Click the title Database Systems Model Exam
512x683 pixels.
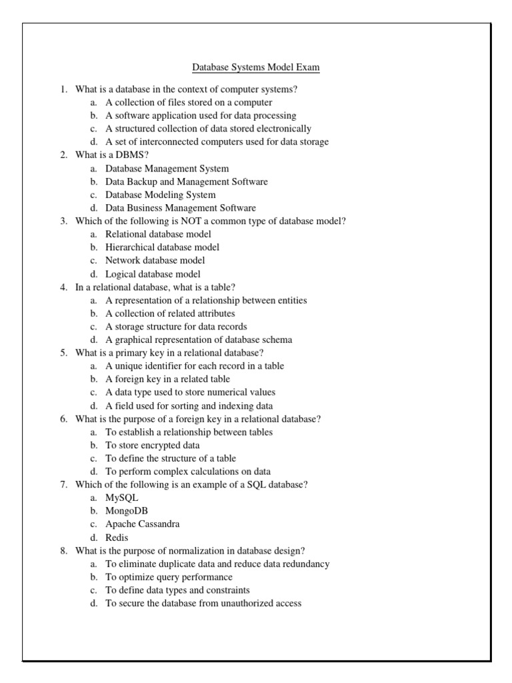pyautogui.click(x=256, y=67)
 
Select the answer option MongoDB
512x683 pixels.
pyautogui.click(x=127, y=511)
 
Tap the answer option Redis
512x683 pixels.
pyautogui.click(x=117, y=537)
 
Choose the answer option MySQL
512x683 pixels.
pyautogui.click(x=122, y=498)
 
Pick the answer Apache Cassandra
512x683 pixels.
pyautogui.click(x=142, y=524)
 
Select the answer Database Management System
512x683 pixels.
pyautogui.click(x=167, y=168)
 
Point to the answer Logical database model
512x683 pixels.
pyautogui.click(x=153, y=273)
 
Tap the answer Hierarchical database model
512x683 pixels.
pyautogui.click(x=162, y=247)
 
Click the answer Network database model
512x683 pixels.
pyautogui.click(x=155, y=260)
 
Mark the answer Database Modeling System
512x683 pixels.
pyautogui.click(x=160, y=195)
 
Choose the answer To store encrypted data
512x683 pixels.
pyautogui.click(x=153, y=445)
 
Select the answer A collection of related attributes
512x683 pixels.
pyautogui.click(x=170, y=313)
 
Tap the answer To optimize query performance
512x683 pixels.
pyautogui.click(x=169, y=577)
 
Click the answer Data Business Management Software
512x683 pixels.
pyautogui.click(x=180, y=208)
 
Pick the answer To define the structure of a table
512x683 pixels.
pyautogui.click(x=171, y=458)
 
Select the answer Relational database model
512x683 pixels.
pyautogui.click(x=158, y=234)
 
